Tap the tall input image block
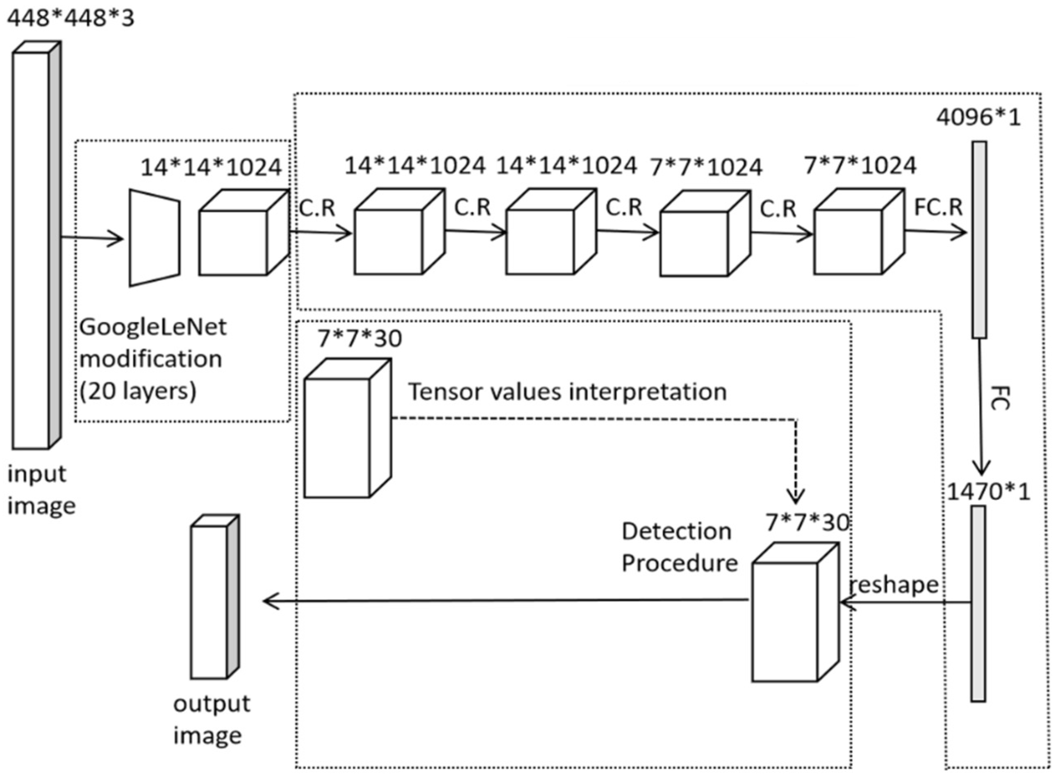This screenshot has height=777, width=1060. coord(32,249)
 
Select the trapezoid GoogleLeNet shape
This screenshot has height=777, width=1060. coord(154,238)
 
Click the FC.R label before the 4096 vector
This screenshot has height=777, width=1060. coord(938,207)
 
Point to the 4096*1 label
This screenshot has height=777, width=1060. coord(978,117)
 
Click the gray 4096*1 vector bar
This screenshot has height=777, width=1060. coord(979,239)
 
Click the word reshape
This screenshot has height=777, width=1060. coord(894,585)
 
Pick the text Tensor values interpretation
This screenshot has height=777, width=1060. coord(567,392)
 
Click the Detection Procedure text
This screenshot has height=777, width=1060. coord(679,547)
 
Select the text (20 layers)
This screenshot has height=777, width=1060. coord(137,391)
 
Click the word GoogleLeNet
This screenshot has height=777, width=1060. coord(153,327)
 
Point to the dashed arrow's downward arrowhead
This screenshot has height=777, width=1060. coord(796,496)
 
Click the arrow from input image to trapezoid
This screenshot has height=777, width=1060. coord(92,239)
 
